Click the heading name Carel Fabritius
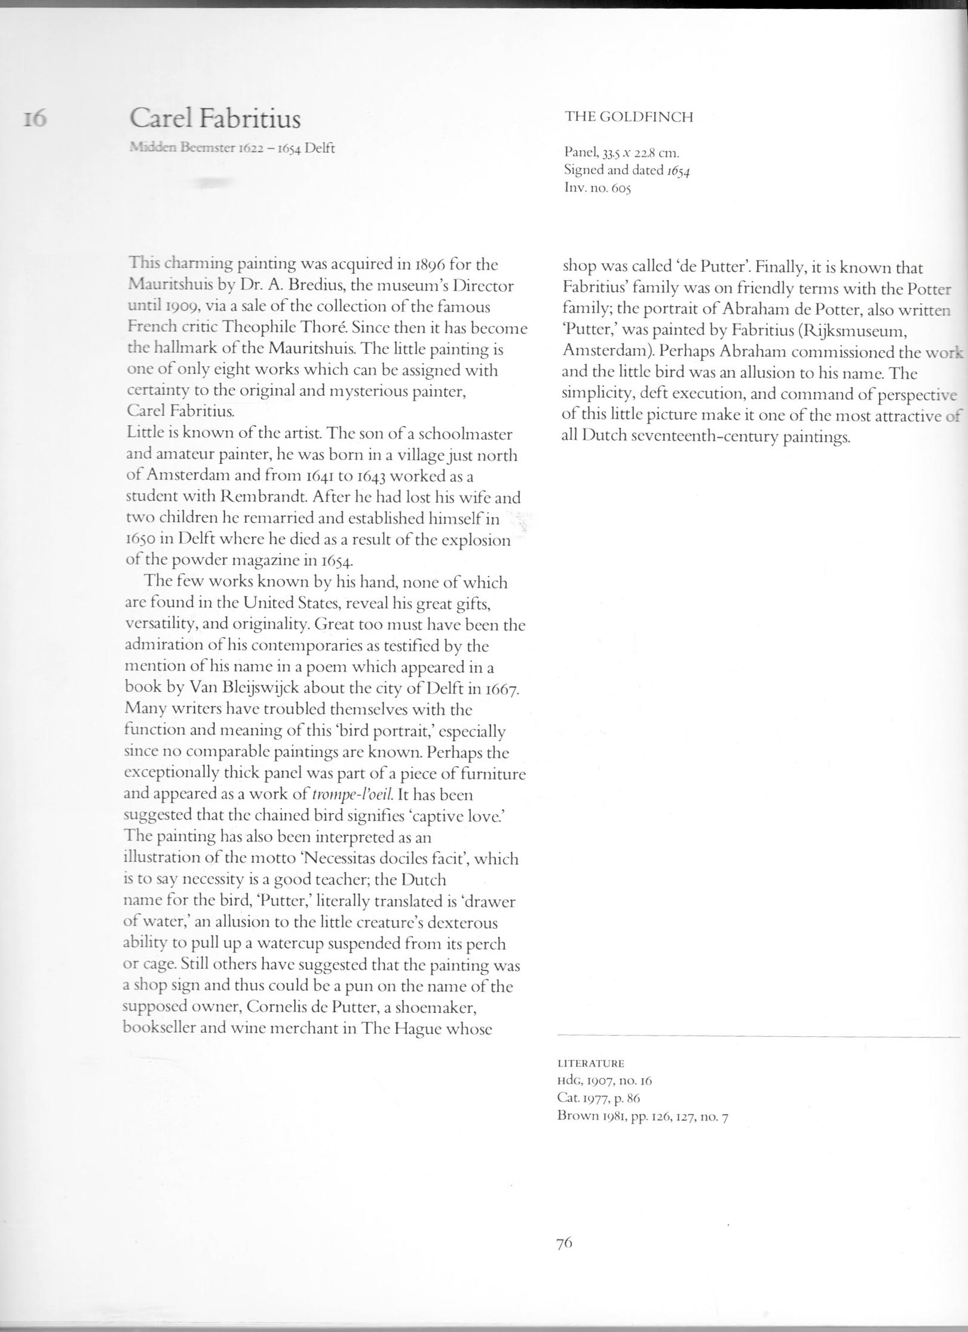point(215,120)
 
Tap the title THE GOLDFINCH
point(629,117)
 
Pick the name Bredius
point(287,286)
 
